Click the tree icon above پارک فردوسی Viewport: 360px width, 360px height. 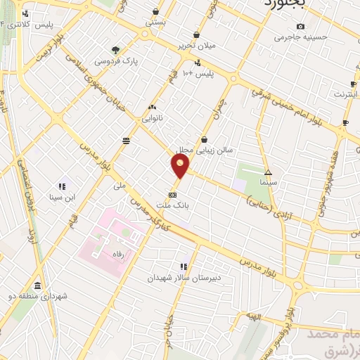[115, 50]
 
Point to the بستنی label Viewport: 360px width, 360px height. [155, 22]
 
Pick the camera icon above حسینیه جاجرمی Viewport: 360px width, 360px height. [300, 26]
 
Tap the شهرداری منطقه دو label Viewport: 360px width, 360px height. [42, 296]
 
